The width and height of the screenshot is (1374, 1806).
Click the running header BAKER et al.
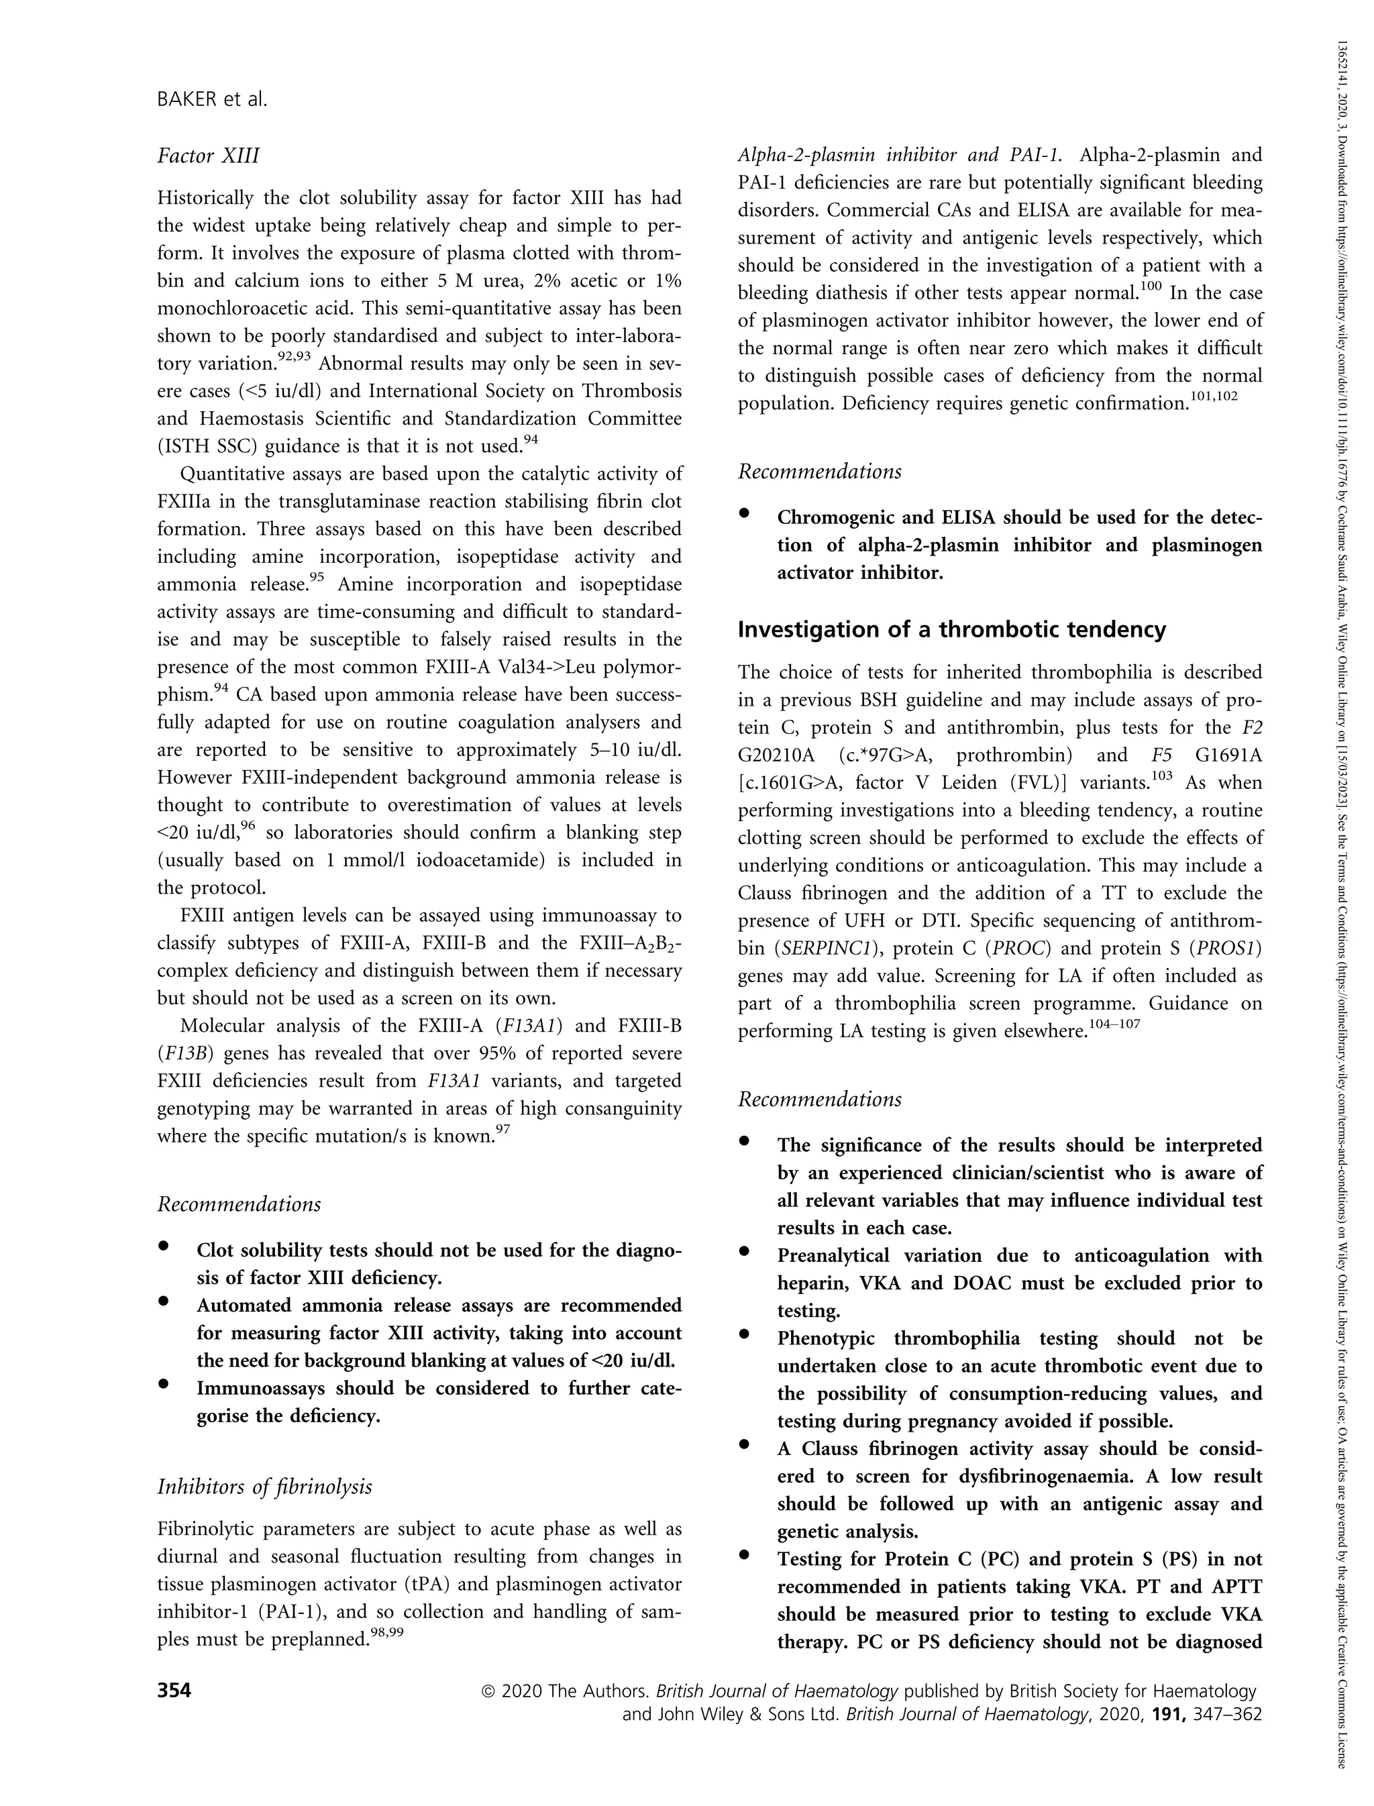pyautogui.click(x=212, y=100)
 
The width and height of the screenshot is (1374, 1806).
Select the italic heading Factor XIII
pyautogui.click(x=209, y=156)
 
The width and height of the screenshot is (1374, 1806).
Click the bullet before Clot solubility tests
pyautogui.click(x=164, y=1246)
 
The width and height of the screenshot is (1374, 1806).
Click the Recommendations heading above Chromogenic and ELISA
pyautogui.click(x=819, y=472)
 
